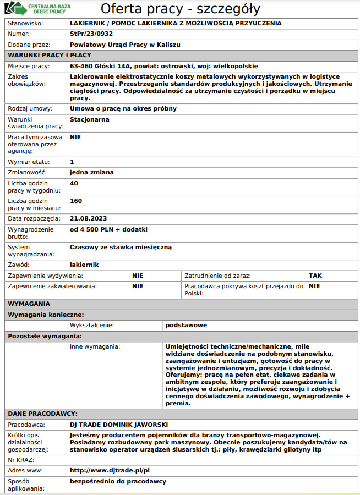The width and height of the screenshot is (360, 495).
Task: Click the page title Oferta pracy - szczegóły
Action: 180,9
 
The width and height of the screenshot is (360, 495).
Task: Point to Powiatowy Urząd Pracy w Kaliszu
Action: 126,45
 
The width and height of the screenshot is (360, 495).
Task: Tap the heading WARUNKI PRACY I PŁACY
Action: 50,55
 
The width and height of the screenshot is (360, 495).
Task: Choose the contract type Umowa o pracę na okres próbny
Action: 123,108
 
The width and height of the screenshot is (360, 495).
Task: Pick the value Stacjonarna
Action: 90,119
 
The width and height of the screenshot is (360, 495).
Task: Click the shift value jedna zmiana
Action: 92,172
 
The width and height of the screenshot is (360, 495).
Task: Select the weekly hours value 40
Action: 74,183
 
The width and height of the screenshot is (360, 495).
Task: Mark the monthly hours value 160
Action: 76,201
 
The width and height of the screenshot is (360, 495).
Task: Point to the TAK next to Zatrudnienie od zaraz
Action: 315,276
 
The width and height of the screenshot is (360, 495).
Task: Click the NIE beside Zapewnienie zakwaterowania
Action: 138,286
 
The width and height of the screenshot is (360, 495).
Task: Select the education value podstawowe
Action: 186,325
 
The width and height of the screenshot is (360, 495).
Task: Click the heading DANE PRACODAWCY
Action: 42,413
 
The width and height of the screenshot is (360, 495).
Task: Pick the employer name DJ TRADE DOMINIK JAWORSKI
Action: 119,425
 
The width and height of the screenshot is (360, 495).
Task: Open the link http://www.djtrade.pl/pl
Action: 110,471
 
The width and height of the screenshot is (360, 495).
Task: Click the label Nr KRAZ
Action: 21,459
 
